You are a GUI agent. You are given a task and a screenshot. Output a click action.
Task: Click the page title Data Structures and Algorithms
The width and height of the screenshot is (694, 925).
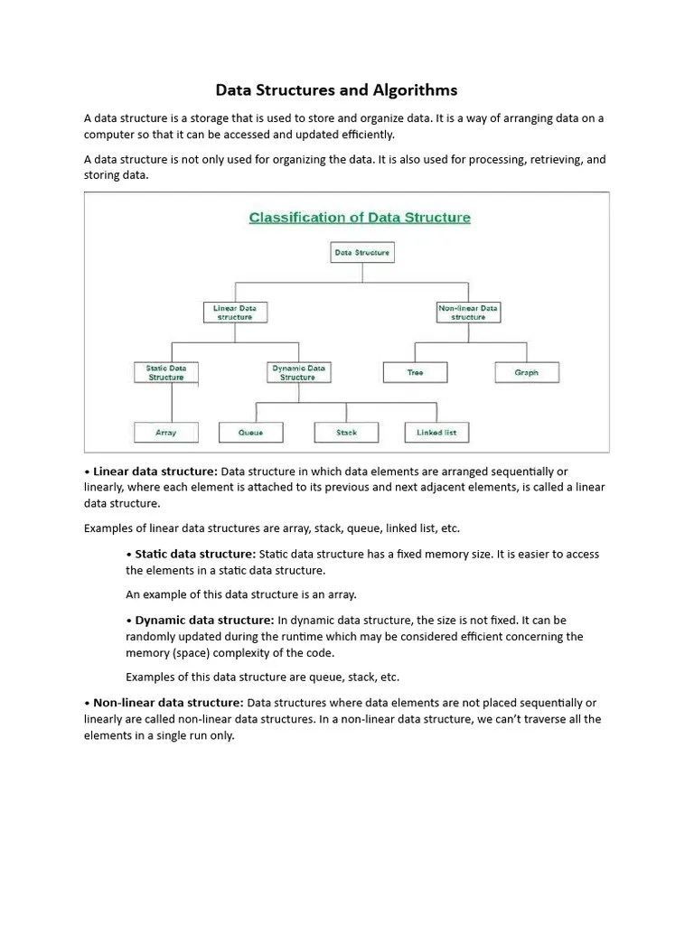point(336,90)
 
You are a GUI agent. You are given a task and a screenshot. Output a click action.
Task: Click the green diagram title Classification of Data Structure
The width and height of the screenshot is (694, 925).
point(360,218)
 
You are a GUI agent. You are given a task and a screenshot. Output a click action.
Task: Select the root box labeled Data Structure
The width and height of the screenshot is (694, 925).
point(362,253)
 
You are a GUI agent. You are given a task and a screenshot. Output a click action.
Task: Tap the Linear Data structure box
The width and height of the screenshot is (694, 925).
point(235,313)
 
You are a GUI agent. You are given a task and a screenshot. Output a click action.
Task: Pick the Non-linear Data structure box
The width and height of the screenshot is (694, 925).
point(468,313)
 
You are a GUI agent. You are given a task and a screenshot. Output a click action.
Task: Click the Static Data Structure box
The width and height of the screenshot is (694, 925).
point(166,372)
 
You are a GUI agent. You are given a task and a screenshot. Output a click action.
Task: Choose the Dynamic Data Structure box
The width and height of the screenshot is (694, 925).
point(298,372)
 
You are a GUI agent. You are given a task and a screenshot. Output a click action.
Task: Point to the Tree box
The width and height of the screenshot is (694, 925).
point(415,372)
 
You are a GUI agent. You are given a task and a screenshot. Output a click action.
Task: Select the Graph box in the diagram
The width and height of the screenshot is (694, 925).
point(527,372)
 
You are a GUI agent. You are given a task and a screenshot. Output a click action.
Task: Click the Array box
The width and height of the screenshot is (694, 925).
point(166,433)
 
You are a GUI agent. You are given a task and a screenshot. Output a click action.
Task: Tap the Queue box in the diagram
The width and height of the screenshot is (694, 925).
point(251,433)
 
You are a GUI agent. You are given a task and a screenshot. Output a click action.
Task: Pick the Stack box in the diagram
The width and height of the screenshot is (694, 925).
point(347,433)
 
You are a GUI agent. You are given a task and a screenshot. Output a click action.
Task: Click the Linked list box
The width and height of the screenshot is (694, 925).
point(436,433)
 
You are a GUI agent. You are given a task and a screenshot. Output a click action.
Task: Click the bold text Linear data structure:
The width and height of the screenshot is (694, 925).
point(155,472)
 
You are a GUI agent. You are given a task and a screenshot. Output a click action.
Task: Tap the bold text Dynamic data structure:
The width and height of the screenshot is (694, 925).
point(204,620)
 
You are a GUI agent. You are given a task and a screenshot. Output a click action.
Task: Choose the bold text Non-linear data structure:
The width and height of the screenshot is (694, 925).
point(168,702)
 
